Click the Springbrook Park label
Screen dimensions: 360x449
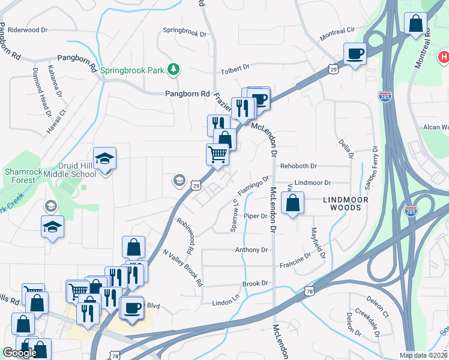pos(132,70)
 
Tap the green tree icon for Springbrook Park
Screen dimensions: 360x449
pos(173,70)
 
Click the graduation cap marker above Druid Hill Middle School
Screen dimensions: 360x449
pos(104,159)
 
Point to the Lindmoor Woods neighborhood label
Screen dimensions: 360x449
pos(343,203)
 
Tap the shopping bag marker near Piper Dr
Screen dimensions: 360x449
pos(292,203)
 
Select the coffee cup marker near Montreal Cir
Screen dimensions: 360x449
pos(355,53)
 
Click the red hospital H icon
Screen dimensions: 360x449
pos(443,58)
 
